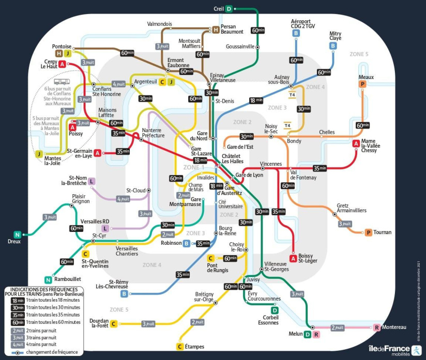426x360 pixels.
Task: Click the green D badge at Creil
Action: click(229, 8)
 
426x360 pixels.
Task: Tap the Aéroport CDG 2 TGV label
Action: click(296, 24)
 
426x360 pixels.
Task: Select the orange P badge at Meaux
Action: click(362, 84)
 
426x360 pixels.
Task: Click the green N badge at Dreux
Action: click(17, 234)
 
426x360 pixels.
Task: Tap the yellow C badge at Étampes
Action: click(180, 347)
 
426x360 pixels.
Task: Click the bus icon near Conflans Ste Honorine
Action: click(62, 81)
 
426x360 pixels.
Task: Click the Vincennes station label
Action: click(270, 164)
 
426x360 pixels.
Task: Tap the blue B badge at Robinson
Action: click(186, 243)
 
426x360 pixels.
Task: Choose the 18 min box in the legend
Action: click(17, 300)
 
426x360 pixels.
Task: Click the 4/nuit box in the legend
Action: click(17, 344)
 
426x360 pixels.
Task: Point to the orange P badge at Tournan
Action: click(368, 232)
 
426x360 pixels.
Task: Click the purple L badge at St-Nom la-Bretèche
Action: click(92, 181)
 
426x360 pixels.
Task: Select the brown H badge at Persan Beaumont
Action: click(216, 29)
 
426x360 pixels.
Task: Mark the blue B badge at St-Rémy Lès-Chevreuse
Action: click(124, 294)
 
